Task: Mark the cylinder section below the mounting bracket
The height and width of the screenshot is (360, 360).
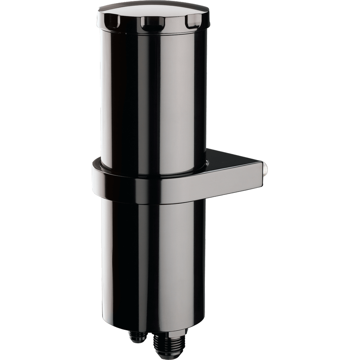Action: [151, 259]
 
